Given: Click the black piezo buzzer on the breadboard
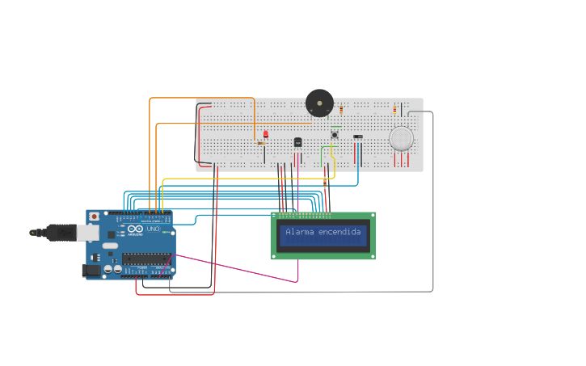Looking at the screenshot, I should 319,103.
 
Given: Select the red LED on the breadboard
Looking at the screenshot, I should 265,134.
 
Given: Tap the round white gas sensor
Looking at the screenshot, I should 401,138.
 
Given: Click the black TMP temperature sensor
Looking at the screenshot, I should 297,142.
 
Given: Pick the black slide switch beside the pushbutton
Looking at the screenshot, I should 358,137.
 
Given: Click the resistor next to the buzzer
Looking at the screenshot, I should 340,108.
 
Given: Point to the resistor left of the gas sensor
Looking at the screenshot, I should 394,108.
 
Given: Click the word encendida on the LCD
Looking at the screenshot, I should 339,232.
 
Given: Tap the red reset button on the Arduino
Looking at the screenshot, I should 94,217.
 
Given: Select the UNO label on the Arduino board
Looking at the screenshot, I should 153,229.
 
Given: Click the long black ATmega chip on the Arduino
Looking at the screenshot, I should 146,259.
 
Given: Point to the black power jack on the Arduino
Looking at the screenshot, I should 92,271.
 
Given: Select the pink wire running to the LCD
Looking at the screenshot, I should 242,268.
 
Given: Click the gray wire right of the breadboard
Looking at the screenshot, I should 432,202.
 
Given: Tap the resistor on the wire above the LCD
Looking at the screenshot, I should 324,183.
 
